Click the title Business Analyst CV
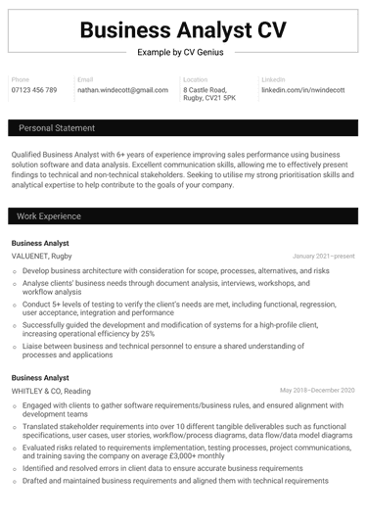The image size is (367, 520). tap(183, 29)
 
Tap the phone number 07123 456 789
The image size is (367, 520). tap(34, 89)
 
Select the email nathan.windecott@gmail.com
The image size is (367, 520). tap(122, 89)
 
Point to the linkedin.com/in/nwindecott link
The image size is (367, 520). tap(302, 89)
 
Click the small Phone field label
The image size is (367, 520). tap(22, 78)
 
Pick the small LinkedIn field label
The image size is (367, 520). tap(274, 78)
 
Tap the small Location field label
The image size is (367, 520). tap(196, 78)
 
